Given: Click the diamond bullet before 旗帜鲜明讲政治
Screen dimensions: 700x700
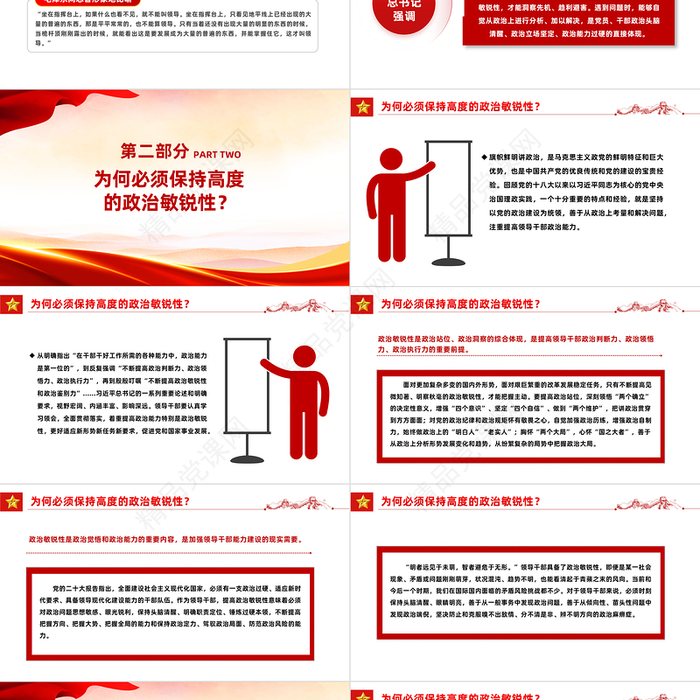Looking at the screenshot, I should [x=484, y=157].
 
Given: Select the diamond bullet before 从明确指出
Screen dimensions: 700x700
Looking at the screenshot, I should [x=33, y=355].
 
